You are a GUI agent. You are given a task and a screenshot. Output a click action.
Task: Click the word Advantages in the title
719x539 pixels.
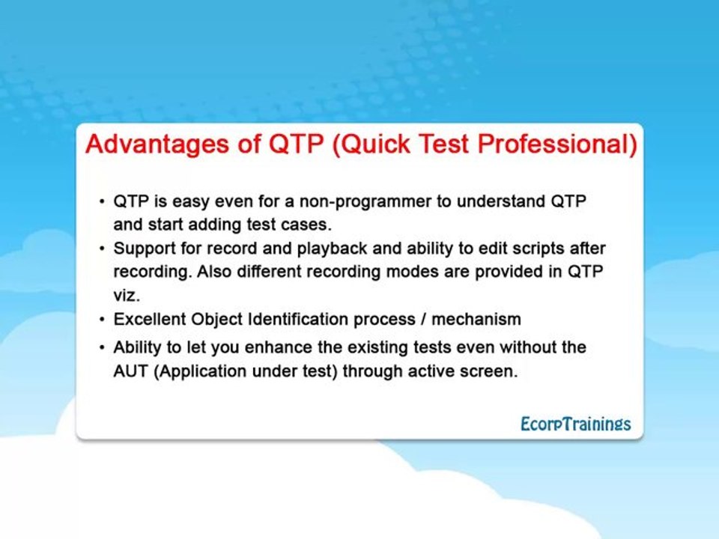pyautogui.click(x=157, y=144)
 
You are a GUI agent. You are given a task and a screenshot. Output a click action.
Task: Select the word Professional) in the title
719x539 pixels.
pyautogui.click(x=557, y=144)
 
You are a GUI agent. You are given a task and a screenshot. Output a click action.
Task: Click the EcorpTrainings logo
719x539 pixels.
pyautogui.click(x=575, y=424)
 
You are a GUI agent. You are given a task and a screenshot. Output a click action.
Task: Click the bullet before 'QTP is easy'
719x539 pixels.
pyautogui.click(x=102, y=201)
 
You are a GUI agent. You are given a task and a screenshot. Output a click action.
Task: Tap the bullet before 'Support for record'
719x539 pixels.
pyautogui.click(x=102, y=249)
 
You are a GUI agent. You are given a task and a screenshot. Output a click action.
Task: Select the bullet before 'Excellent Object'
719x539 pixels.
pyautogui.click(x=102, y=320)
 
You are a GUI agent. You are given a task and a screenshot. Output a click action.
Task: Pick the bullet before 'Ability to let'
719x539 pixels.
pyautogui.click(x=102, y=348)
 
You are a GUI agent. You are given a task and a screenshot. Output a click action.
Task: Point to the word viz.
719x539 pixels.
pyautogui.click(x=127, y=296)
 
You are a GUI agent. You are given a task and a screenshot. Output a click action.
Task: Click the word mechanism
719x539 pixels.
pyautogui.click(x=476, y=319)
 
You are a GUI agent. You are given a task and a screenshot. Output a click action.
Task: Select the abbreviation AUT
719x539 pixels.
pyautogui.click(x=130, y=371)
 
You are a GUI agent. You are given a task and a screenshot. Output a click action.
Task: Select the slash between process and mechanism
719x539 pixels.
pyautogui.click(x=424, y=319)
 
